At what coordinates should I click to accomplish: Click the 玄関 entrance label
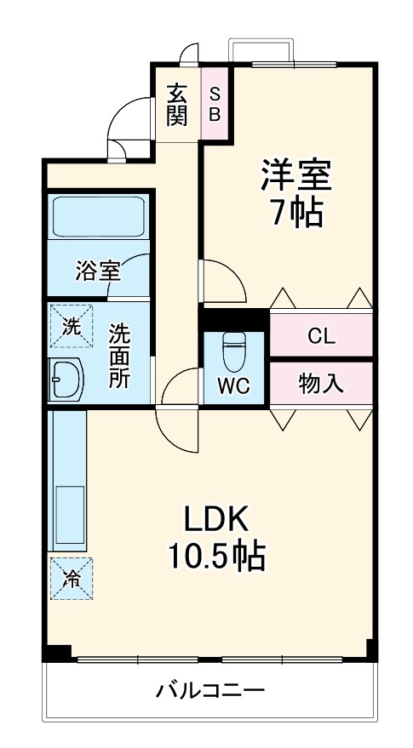pos(176,104)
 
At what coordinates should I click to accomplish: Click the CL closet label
pos(321,335)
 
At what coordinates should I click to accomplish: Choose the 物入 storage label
pos(321,384)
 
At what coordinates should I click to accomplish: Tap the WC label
pos(232,385)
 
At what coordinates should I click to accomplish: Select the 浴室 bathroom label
pos(97,271)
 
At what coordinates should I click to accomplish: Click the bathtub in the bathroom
pos(99,217)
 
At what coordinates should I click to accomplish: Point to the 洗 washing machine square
pos(72,325)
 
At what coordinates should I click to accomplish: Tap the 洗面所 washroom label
pos(119,356)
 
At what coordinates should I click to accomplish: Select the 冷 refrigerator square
pos(72,579)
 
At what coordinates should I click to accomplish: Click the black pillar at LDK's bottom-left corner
pos(57,654)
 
